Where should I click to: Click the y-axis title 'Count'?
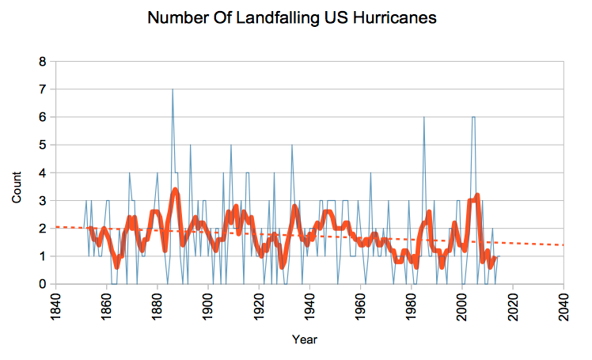pyautogui.click(x=17, y=186)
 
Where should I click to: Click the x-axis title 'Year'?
pyautogui.click(x=305, y=339)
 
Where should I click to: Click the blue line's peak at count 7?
pyautogui.click(x=173, y=89)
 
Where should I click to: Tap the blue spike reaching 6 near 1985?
pyautogui.click(x=424, y=117)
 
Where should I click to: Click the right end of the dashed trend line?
pyautogui.click(x=563, y=244)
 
